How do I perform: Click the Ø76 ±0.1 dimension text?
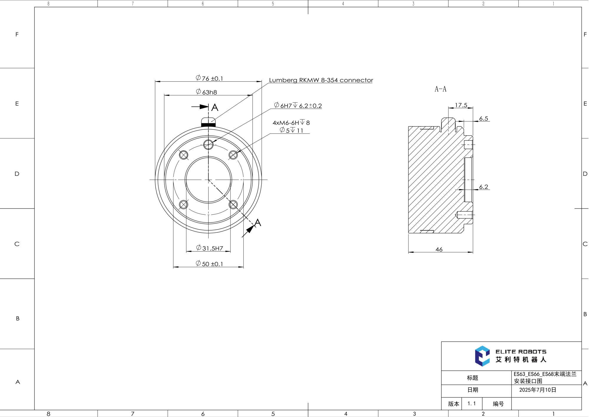[209, 78]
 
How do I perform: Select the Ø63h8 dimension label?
[207, 92]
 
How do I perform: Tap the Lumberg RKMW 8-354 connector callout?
[321, 80]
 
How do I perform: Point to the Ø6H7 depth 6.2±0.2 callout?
[298, 106]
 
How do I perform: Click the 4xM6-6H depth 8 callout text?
[291, 123]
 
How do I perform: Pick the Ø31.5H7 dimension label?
[210, 248]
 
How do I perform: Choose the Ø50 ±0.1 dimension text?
[209, 264]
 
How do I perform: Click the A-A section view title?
[440, 89]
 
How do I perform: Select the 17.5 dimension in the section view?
[461, 105]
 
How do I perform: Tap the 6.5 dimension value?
[484, 118]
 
